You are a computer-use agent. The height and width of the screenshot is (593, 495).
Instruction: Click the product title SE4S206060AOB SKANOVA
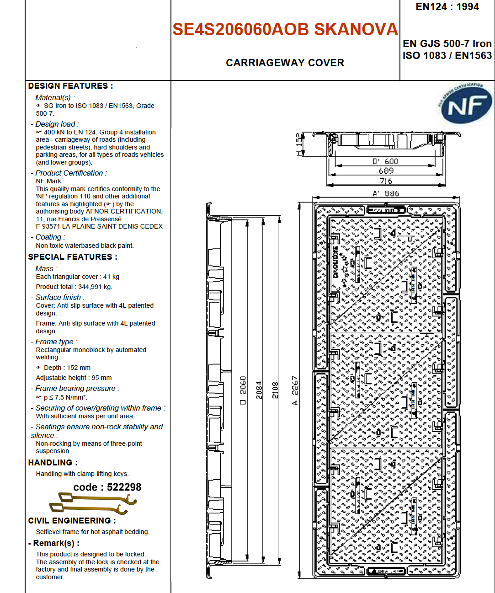pyautogui.click(x=285, y=29)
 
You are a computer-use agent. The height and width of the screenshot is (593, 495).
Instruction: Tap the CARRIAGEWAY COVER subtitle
pyautogui.click(x=285, y=63)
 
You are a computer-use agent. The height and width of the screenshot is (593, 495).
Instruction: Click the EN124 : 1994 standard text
pyautogui.click(x=447, y=7)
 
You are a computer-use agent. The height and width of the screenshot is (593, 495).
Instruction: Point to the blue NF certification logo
pyautogui.click(x=466, y=105)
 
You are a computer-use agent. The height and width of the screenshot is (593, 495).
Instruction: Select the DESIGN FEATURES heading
pyautogui.click(x=70, y=86)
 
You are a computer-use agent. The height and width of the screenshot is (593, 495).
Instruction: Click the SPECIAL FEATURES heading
pyautogui.click(x=73, y=257)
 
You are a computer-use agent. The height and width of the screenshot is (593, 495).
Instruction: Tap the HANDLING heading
pyautogui.click(x=53, y=463)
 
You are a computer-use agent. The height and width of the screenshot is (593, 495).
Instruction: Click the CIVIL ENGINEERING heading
pyautogui.click(x=72, y=521)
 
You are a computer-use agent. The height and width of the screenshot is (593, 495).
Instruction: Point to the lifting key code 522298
pyautogui.click(x=107, y=487)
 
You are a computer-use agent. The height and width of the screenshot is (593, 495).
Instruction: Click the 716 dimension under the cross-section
pyautogui.click(x=386, y=181)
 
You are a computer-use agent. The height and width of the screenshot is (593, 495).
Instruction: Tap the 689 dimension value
pyautogui.click(x=386, y=171)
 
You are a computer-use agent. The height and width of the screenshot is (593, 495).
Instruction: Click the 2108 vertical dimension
pyautogui.click(x=275, y=390)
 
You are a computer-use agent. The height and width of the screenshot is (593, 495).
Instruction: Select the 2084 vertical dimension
pyautogui.click(x=259, y=390)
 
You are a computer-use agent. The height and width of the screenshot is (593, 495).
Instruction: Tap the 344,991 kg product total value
pyautogui.click(x=95, y=287)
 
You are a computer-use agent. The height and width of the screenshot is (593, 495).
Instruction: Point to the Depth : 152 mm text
pyautogui.click(x=67, y=368)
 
